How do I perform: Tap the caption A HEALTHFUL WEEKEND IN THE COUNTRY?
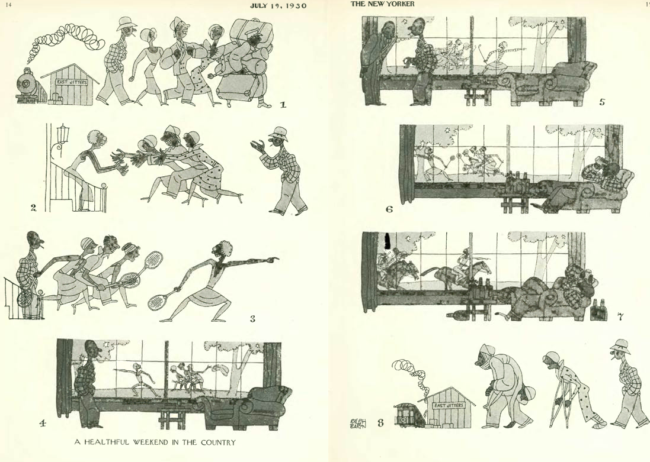pos(155,442)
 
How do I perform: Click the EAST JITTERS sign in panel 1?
pos(72,82)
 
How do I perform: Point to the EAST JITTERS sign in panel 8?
pos(448,405)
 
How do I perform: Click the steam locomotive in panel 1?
pos(31,86)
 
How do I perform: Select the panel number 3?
pos(252,319)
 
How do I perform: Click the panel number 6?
pos(389,209)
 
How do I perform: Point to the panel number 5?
pos(602,102)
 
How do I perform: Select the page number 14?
pos(9,5)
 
